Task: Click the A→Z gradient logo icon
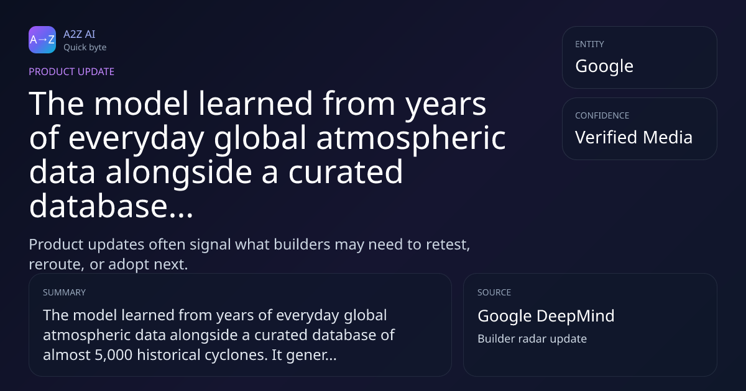point(42,40)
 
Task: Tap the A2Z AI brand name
point(80,34)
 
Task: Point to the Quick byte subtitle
point(85,48)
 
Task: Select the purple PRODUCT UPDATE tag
point(71,71)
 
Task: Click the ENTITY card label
point(589,44)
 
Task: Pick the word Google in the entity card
point(604,66)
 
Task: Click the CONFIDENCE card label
point(602,115)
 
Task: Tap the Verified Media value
point(633,137)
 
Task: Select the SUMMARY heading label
point(64,292)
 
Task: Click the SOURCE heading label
point(494,292)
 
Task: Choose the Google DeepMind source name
point(546,316)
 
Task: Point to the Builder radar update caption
point(532,339)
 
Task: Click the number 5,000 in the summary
point(114,355)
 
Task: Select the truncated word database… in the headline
point(111,206)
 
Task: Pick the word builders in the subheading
point(302,245)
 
